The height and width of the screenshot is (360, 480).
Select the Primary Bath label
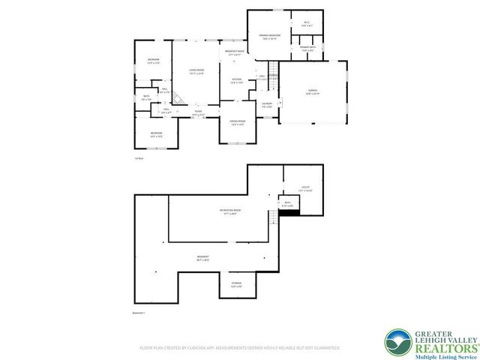pos(307,48)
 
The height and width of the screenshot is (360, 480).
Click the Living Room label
pos(197,71)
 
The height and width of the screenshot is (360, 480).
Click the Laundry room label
pos(266,104)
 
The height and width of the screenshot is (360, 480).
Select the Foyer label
pos(198,112)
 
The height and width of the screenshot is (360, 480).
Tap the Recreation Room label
pos(229,212)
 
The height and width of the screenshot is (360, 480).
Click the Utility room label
pos(304,188)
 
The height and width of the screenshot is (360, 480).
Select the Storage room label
pos(236,285)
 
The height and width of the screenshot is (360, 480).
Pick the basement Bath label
pos(286,203)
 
